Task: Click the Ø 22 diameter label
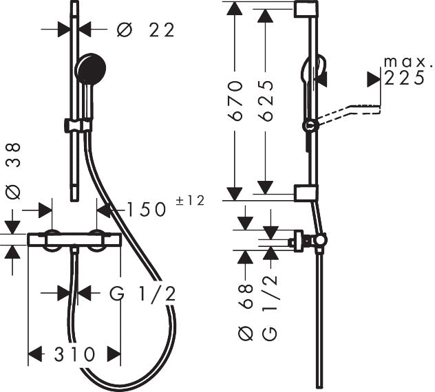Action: [x=145, y=30]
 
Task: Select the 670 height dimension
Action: [x=235, y=101]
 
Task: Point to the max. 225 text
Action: [x=404, y=71]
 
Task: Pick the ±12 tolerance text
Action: [x=191, y=201]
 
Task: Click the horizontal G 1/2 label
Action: [x=143, y=294]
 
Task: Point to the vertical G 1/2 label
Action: [x=269, y=307]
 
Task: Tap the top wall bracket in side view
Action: [x=306, y=9]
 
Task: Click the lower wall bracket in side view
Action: [x=306, y=193]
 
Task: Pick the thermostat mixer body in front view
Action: [x=74, y=240]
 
